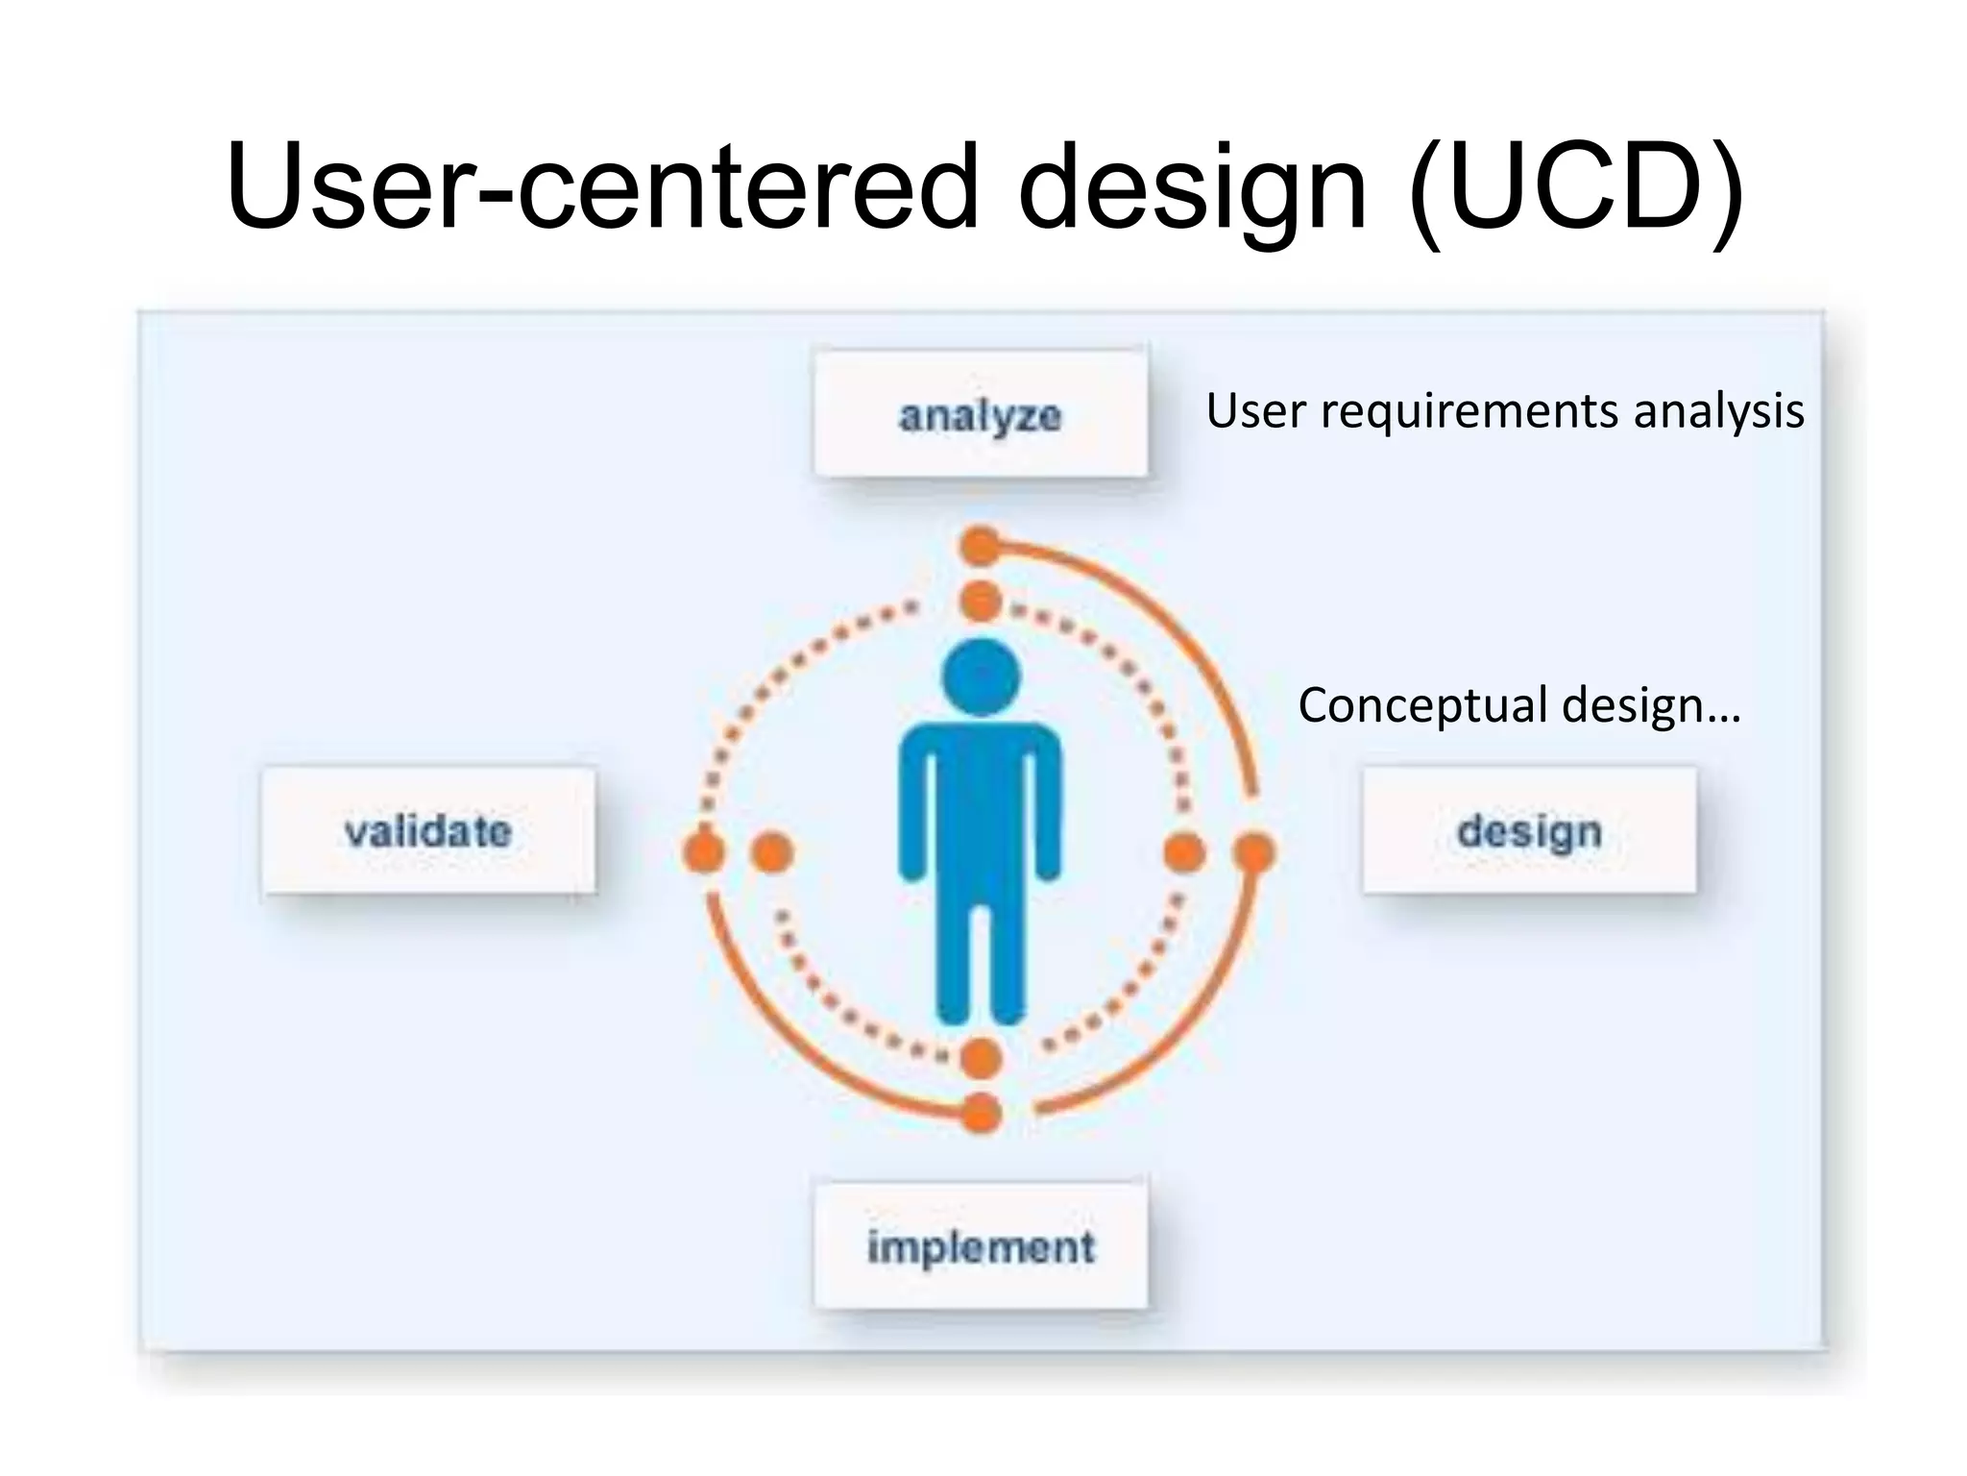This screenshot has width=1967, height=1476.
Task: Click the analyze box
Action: (980, 414)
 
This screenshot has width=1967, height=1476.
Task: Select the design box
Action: (1529, 830)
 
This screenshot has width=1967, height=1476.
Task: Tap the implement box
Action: (980, 1246)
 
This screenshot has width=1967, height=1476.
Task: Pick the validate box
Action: (428, 830)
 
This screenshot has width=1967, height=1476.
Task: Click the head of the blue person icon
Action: (981, 676)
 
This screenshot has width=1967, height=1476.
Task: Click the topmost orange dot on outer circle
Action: (981, 546)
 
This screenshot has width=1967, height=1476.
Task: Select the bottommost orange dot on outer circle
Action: (981, 1114)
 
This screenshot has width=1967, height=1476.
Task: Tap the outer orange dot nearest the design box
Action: (1253, 852)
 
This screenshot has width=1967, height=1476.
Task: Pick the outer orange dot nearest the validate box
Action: (703, 852)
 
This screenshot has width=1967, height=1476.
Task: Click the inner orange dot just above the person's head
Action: (981, 603)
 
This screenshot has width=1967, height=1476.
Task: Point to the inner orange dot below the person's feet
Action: (981, 1058)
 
